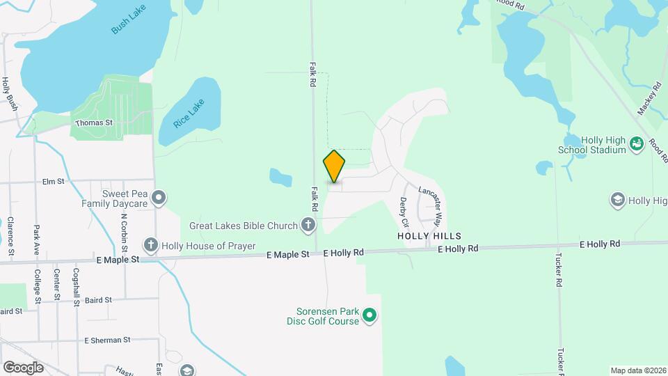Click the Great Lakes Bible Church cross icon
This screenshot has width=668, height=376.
pos(308,225)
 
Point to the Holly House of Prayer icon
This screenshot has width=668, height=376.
pos(151,245)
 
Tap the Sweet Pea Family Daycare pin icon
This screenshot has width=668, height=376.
pos(159,198)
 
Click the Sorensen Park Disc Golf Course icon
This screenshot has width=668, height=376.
pos(370,316)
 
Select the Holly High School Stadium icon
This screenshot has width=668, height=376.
pos(635,144)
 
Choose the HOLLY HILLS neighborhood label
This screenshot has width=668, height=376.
pos(429,237)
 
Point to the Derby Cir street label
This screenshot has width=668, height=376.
pos(403,212)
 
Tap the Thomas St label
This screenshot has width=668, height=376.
pos(94,123)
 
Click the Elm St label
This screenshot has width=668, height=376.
pos(54,181)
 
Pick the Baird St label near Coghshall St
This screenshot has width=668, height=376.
pos(98,300)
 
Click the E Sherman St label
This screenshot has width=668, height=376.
pos(107,340)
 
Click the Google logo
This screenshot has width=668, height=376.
pos(23,367)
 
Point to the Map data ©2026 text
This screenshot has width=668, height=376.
pos(637,370)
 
